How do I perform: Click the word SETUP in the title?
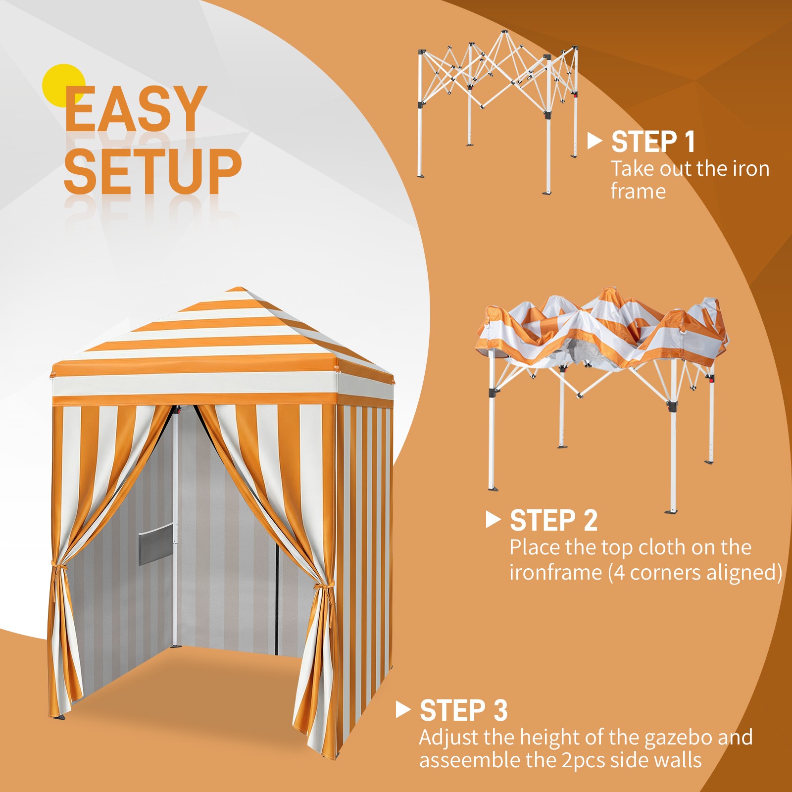point(152,170)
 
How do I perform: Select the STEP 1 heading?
point(653,142)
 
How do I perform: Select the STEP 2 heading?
point(553,521)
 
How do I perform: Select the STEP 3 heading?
point(463,711)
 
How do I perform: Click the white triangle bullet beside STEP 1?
point(594,141)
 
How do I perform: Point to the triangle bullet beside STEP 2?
point(493,520)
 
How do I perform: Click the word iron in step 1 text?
point(747,169)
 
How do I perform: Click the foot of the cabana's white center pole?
point(175,645)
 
